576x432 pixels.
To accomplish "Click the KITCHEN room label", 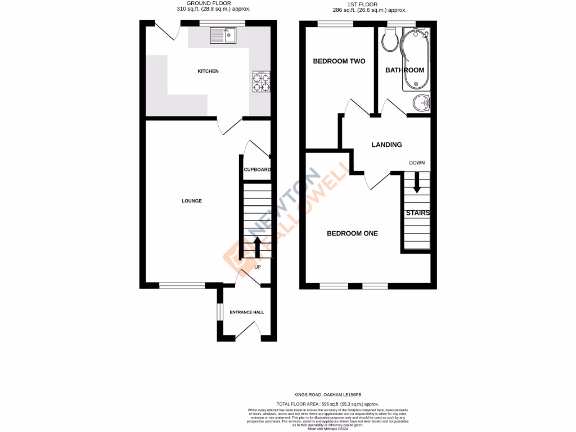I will (208, 71).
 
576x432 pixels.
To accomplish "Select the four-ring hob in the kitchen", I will (262, 82).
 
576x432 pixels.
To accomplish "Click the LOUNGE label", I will (191, 201).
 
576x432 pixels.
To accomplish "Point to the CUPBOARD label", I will (257, 170).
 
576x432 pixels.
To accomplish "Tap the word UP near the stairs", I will (258, 267).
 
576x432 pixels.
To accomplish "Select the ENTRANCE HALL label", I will (246, 312).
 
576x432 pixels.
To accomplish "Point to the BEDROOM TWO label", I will (339, 61).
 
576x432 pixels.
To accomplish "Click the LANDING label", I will (386, 145).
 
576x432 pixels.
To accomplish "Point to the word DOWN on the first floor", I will (417, 163).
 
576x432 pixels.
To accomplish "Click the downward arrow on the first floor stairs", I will (417, 183).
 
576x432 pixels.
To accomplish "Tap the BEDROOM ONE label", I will (352, 233).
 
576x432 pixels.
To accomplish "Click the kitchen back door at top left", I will (167, 31).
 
